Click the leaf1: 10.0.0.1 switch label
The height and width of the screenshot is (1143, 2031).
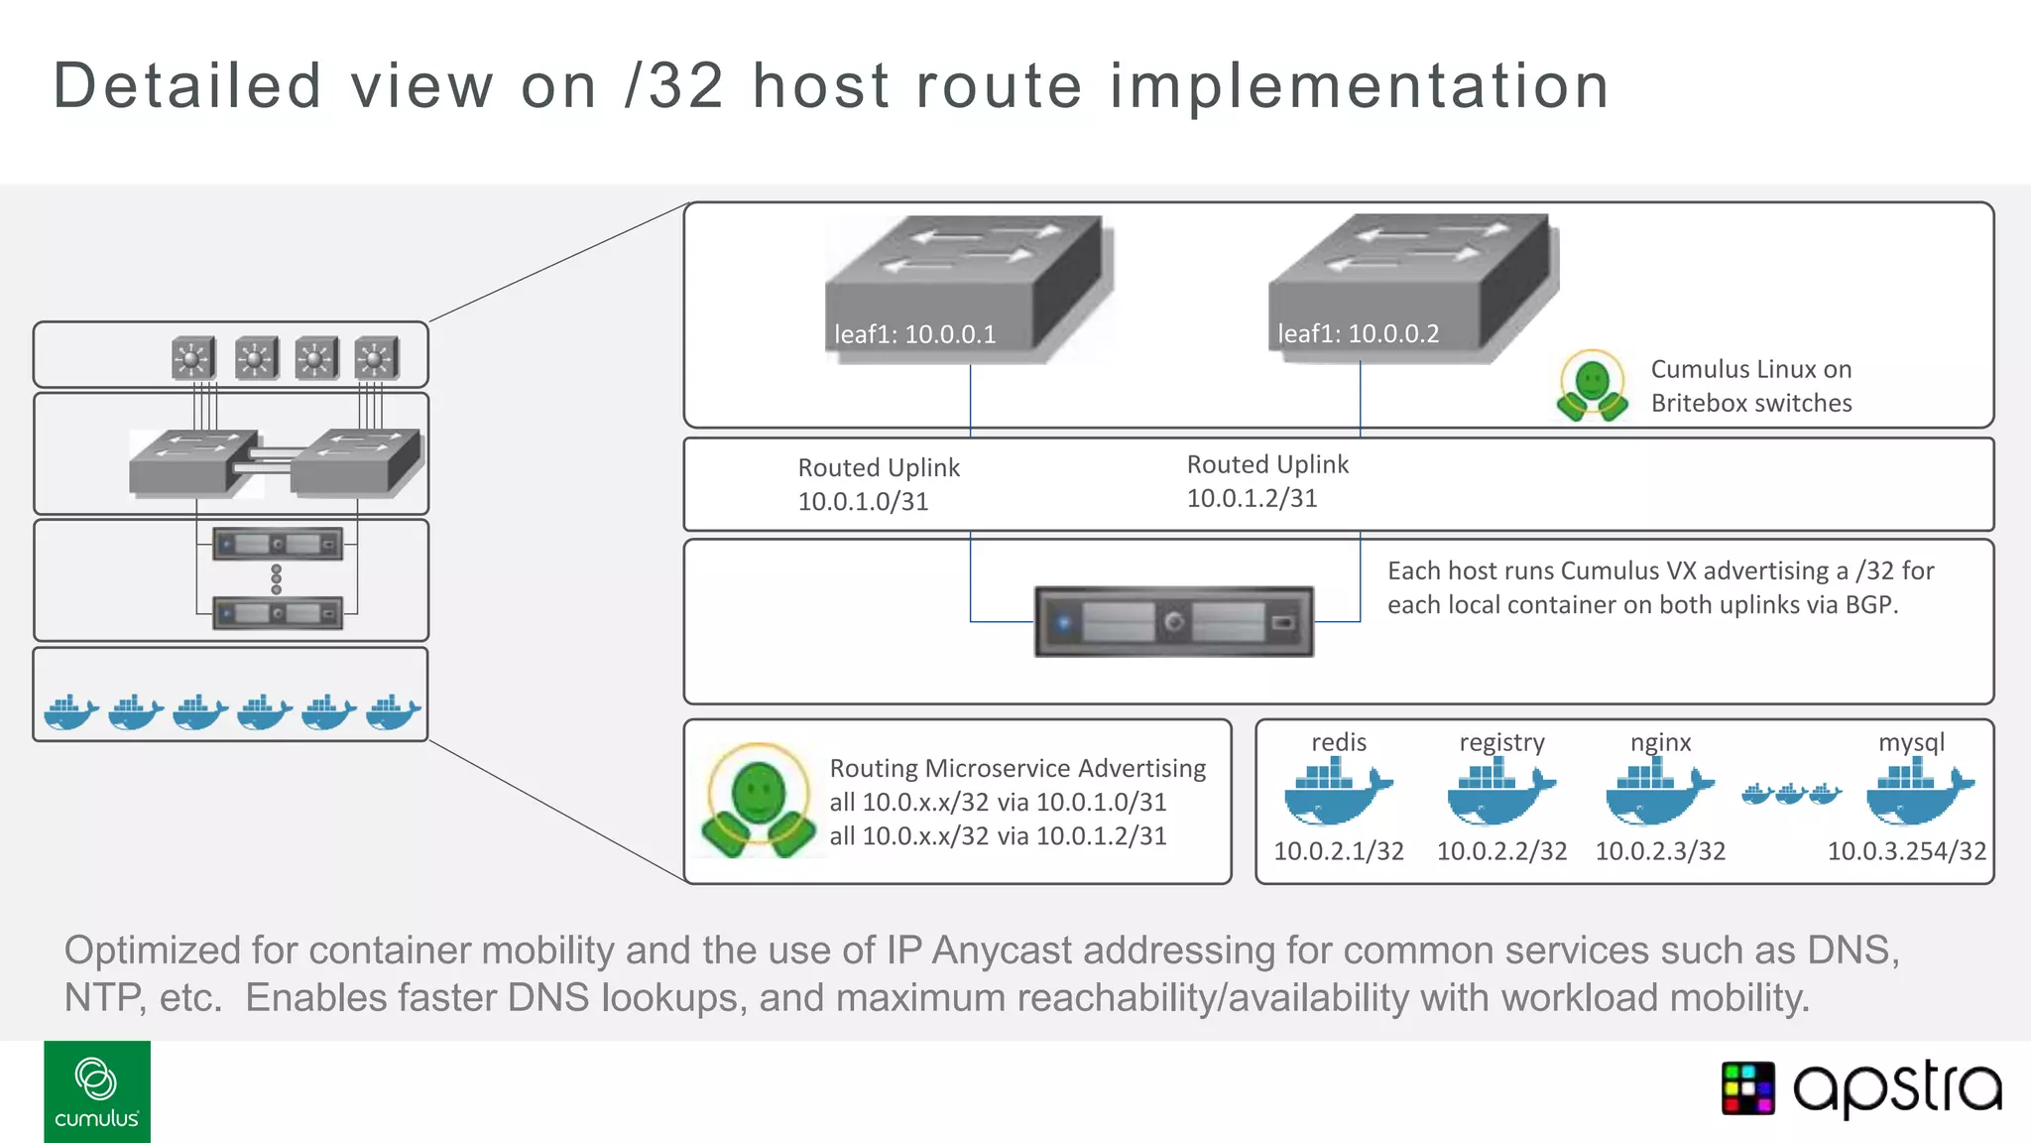(x=914, y=334)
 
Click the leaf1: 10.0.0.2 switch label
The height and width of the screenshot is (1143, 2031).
(x=1358, y=333)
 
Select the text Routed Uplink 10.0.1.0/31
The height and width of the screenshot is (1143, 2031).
(x=879, y=484)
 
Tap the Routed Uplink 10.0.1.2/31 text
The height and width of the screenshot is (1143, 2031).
(x=1267, y=481)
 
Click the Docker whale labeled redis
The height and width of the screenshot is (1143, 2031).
(x=1336, y=794)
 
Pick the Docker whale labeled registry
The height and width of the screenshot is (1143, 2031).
(x=1499, y=794)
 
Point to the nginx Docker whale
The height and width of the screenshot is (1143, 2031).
(x=1658, y=794)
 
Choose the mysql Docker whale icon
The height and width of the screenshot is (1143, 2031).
(x=1918, y=794)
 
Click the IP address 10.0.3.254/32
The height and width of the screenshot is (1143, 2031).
(x=1906, y=851)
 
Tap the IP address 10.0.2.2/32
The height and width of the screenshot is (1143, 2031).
(x=1501, y=851)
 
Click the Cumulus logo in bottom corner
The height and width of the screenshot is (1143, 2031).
(x=97, y=1091)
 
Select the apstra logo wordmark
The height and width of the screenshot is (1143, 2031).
(x=1896, y=1088)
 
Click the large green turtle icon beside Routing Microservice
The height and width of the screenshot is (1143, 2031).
(x=759, y=801)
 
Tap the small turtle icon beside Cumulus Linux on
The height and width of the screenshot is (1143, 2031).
(x=1592, y=385)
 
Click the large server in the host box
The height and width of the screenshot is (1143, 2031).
(x=1173, y=622)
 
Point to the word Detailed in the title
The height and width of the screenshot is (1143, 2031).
(x=187, y=85)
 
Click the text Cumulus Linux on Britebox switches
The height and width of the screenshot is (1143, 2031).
(x=1750, y=386)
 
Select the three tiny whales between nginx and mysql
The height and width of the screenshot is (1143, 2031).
(x=1790, y=794)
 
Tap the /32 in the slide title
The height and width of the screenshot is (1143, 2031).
(x=674, y=85)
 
